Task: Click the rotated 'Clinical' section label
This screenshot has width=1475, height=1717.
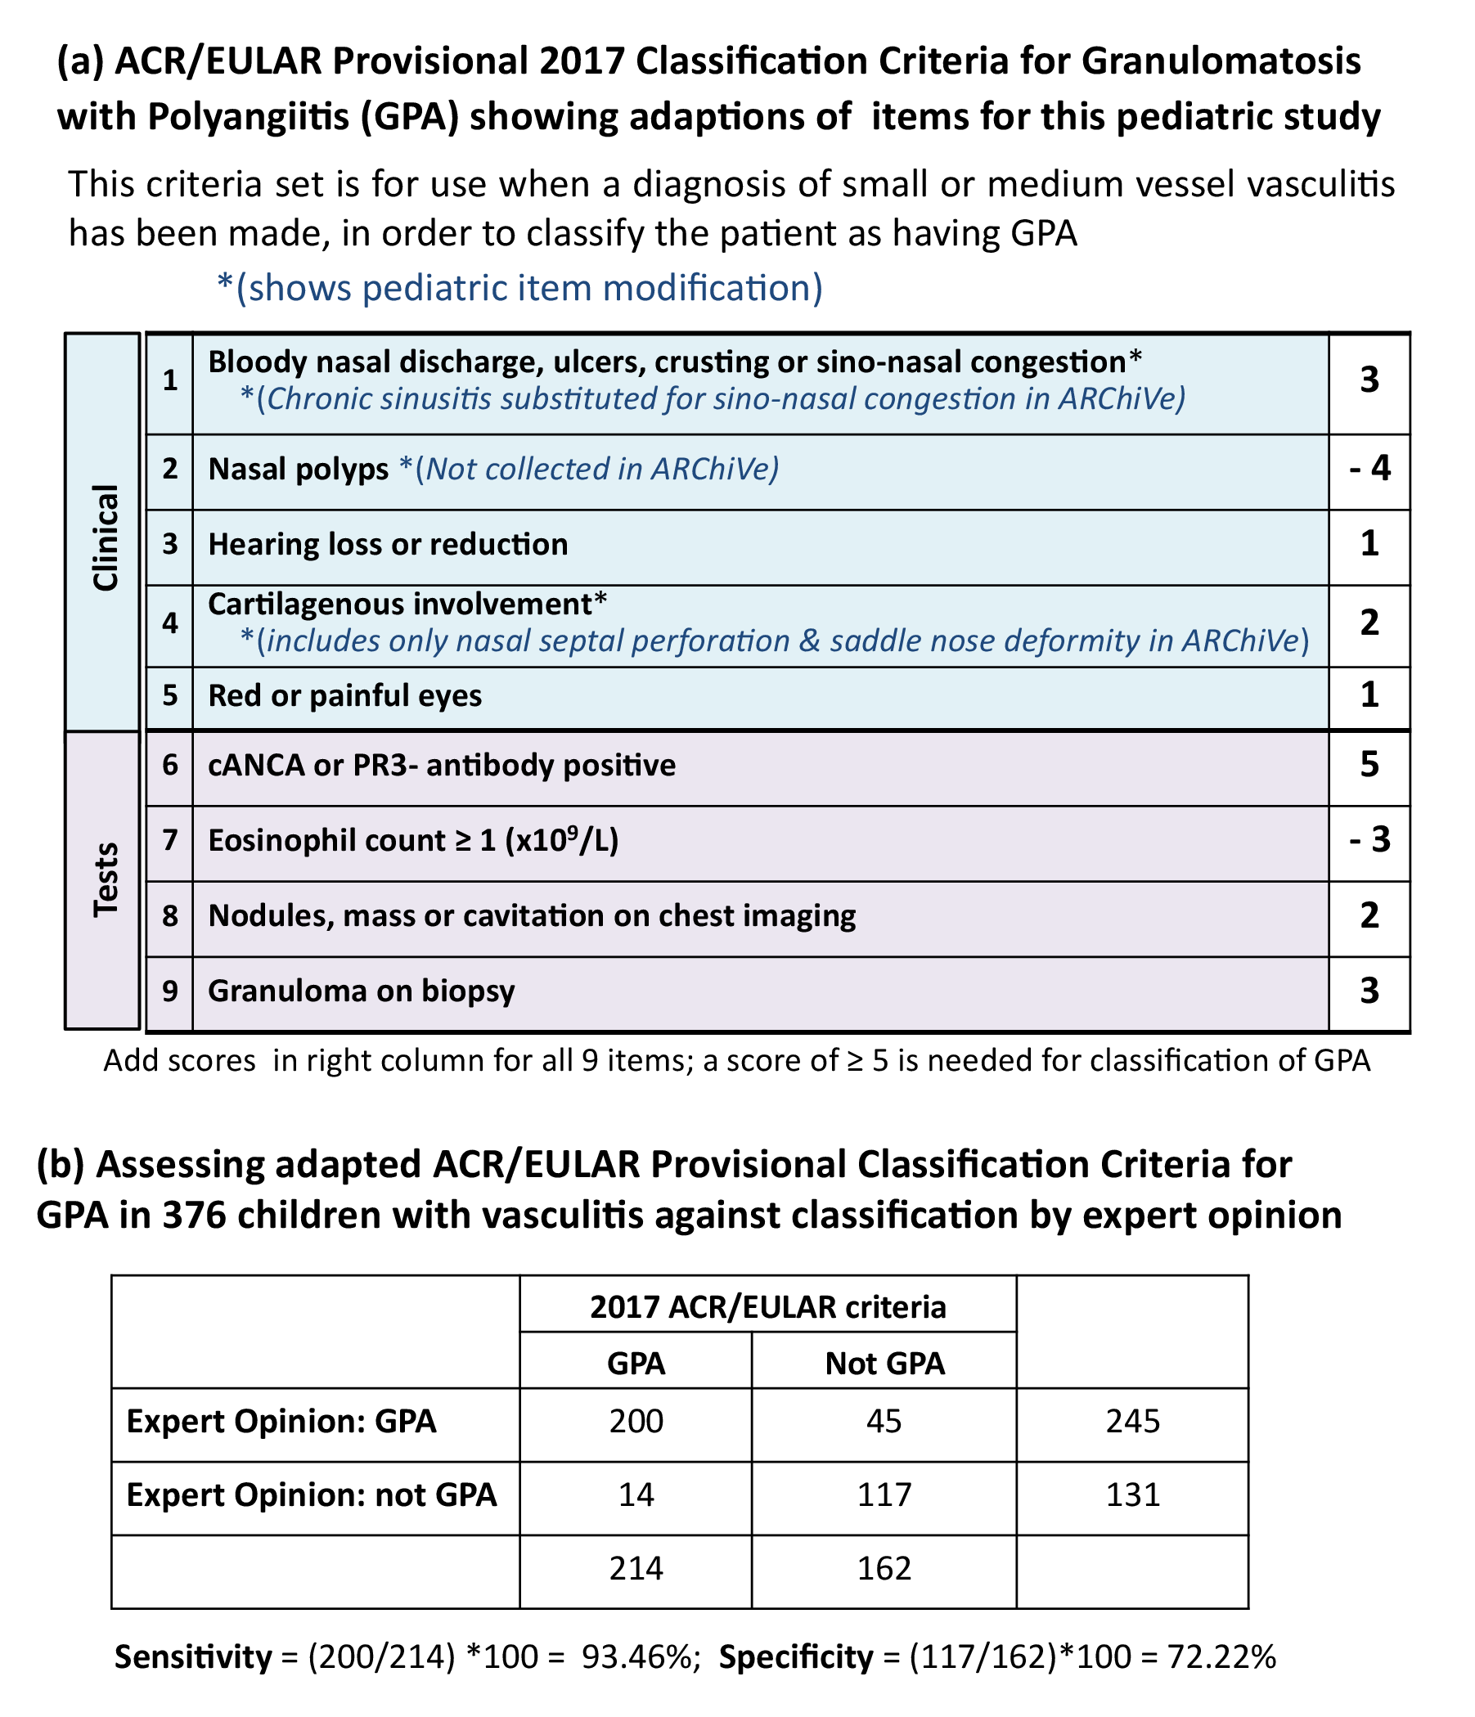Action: point(106,537)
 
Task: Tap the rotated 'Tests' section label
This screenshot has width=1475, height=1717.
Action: point(106,879)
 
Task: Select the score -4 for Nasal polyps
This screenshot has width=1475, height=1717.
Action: point(1369,469)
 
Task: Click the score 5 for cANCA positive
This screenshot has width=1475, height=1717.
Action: point(1369,764)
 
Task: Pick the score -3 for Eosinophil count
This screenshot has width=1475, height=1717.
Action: point(1369,840)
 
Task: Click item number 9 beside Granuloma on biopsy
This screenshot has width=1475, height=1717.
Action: point(170,991)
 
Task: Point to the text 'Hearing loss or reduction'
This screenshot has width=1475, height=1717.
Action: point(388,545)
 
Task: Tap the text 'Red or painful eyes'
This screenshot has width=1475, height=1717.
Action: point(344,695)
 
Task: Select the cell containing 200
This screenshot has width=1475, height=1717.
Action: point(636,1421)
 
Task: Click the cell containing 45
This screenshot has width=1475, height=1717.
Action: point(884,1421)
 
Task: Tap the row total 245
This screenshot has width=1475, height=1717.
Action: point(1132,1421)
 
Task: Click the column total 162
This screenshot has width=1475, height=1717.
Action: point(884,1568)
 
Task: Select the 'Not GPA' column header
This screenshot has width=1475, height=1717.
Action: point(884,1363)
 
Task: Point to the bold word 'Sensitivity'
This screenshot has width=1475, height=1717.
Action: point(193,1656)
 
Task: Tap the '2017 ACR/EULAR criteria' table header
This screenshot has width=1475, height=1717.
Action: point(767,1307)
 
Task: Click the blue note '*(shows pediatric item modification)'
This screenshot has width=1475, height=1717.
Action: point(519,289)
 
